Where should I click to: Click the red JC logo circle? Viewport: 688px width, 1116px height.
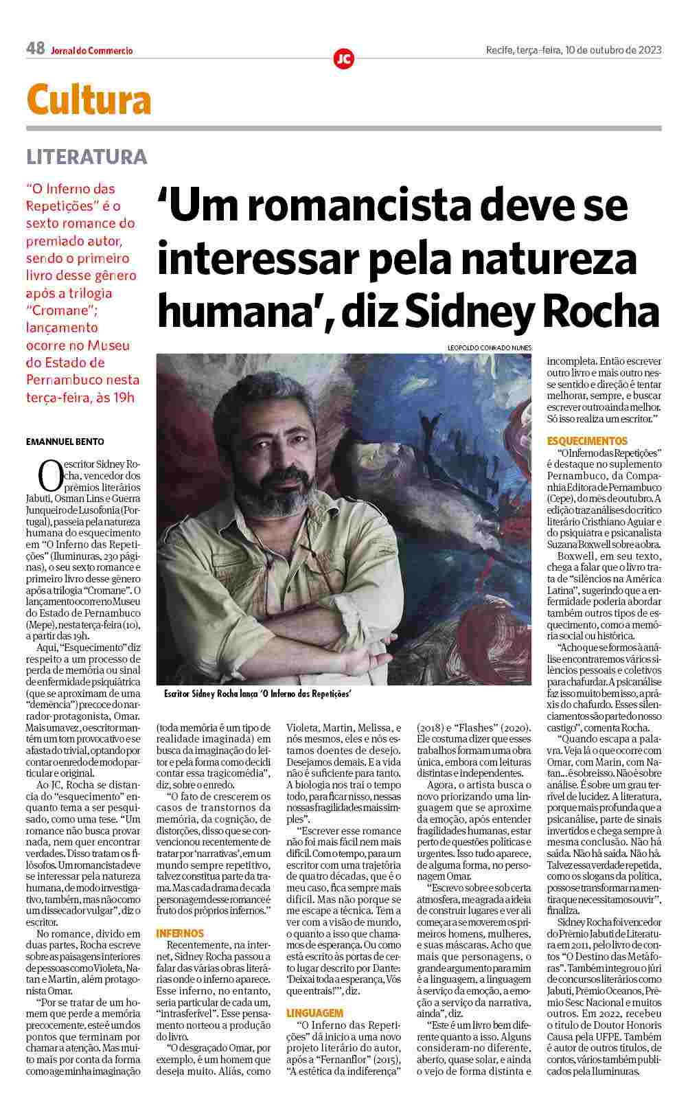point(343,59)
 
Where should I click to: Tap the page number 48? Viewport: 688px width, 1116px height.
point(35,49)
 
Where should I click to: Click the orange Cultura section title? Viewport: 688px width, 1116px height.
point(89,100)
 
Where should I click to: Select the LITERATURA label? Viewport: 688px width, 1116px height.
point(87,157)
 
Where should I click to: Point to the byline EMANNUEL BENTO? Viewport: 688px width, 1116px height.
point(65,442)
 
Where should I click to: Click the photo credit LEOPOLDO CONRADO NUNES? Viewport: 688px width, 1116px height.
point(489,348)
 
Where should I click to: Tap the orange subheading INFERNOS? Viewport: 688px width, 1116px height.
point(180,933)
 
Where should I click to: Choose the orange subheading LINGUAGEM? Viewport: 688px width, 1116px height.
point(314,1013)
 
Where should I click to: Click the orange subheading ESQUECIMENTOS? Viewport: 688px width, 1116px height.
point(587,440)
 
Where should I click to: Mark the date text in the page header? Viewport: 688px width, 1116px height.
point(573,49)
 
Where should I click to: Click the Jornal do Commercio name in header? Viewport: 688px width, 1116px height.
point(91,50)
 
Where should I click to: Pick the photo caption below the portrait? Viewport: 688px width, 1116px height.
point(258,694)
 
